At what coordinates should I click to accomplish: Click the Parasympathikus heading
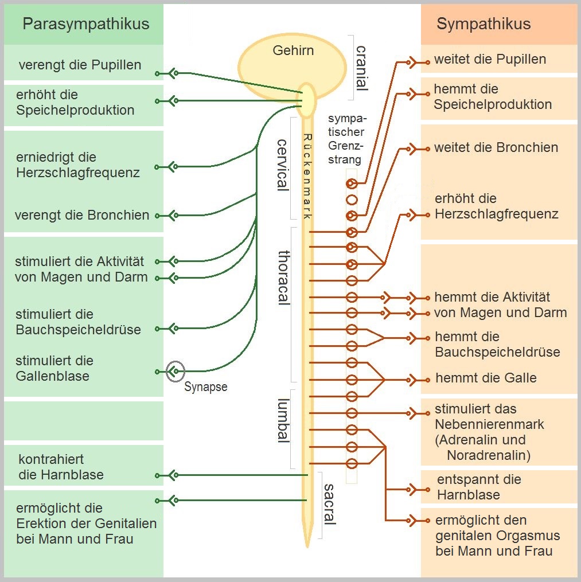pos(86,24)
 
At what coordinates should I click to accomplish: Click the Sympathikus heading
pos(483,24)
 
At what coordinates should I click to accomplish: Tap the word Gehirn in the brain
pos(293,50)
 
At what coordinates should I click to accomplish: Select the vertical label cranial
pos(361,68)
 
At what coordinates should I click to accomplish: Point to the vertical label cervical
pos(282,165)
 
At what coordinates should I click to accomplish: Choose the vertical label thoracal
pos(284,278)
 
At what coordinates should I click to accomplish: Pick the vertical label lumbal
pos(284,420)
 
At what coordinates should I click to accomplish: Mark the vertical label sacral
pos(329,504)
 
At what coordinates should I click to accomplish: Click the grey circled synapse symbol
pos(176,371)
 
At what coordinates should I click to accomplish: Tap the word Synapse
pos(206,387)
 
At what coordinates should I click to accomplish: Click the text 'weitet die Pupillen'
pos(490,59)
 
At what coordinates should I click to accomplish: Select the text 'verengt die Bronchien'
pos(82,215)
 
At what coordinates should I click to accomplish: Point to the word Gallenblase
pos(52,376)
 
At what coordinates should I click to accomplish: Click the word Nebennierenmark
pos(489,424)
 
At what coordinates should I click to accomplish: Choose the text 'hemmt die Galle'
pos(486,378)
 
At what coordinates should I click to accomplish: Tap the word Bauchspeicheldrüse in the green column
pos(79,330)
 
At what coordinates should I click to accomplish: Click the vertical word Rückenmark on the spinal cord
pos(307,177)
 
